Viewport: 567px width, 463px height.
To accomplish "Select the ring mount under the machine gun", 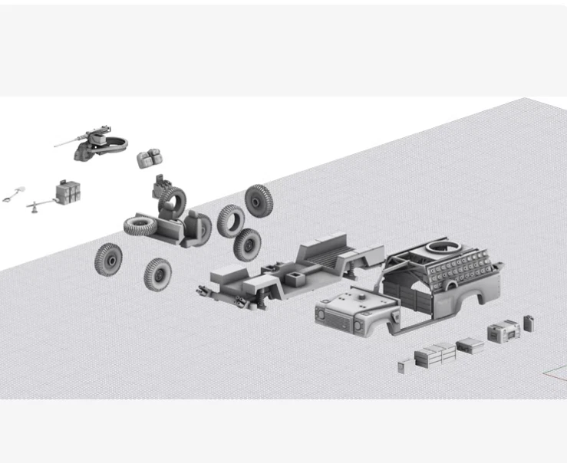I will click(x=114, y=146).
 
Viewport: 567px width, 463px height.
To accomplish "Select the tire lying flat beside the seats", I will click(x=139, y=225).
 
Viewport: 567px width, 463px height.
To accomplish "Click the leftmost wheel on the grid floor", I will click(x=109, y=259).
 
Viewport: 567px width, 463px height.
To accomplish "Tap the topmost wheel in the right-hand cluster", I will click(x=259, y=200).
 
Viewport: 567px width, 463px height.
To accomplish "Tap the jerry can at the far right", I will click(x=529, y=323).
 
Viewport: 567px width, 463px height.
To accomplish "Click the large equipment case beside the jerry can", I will click(x=503, y=331).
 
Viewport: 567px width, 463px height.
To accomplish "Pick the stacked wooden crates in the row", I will click(x=435, y=354).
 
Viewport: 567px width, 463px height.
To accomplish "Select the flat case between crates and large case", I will click(x=470, y=346).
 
